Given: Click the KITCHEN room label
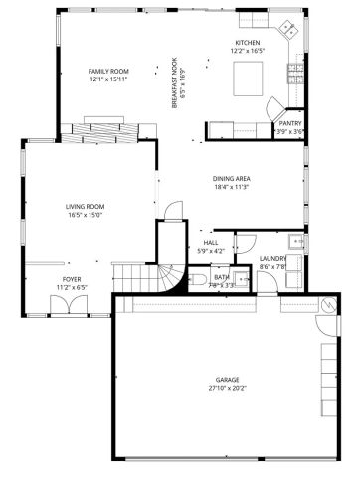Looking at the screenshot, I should coord(246,43).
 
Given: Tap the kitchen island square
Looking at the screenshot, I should coord(247,76).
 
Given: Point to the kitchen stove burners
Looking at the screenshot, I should coord(294,72).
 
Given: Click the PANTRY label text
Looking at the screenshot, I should coord(290,123).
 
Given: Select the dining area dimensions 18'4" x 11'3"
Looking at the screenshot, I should coord(231,187).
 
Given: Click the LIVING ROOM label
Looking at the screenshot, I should coord(86,206).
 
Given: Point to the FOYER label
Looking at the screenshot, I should coord(72,280).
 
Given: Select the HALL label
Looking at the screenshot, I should coord(211,242).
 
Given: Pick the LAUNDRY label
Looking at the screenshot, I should coord(272,259).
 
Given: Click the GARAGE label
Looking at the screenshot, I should coord(228,381).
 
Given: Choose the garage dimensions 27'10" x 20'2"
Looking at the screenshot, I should coord(228,390).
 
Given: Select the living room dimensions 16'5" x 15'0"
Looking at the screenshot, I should coord(86,215).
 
